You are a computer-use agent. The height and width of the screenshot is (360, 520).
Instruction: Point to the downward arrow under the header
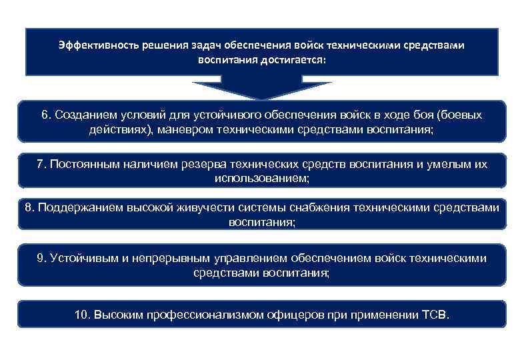pyautogui.click(x=261, y=89)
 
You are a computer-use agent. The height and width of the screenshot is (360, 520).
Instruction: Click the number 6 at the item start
pyautogui.click(x=45, y=115)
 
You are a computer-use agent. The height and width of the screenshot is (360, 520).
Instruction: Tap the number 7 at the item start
pyautogui.click(x=41, y=165)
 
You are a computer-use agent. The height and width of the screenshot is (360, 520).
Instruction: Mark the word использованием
pyautogui.click(x=261, y=179)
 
